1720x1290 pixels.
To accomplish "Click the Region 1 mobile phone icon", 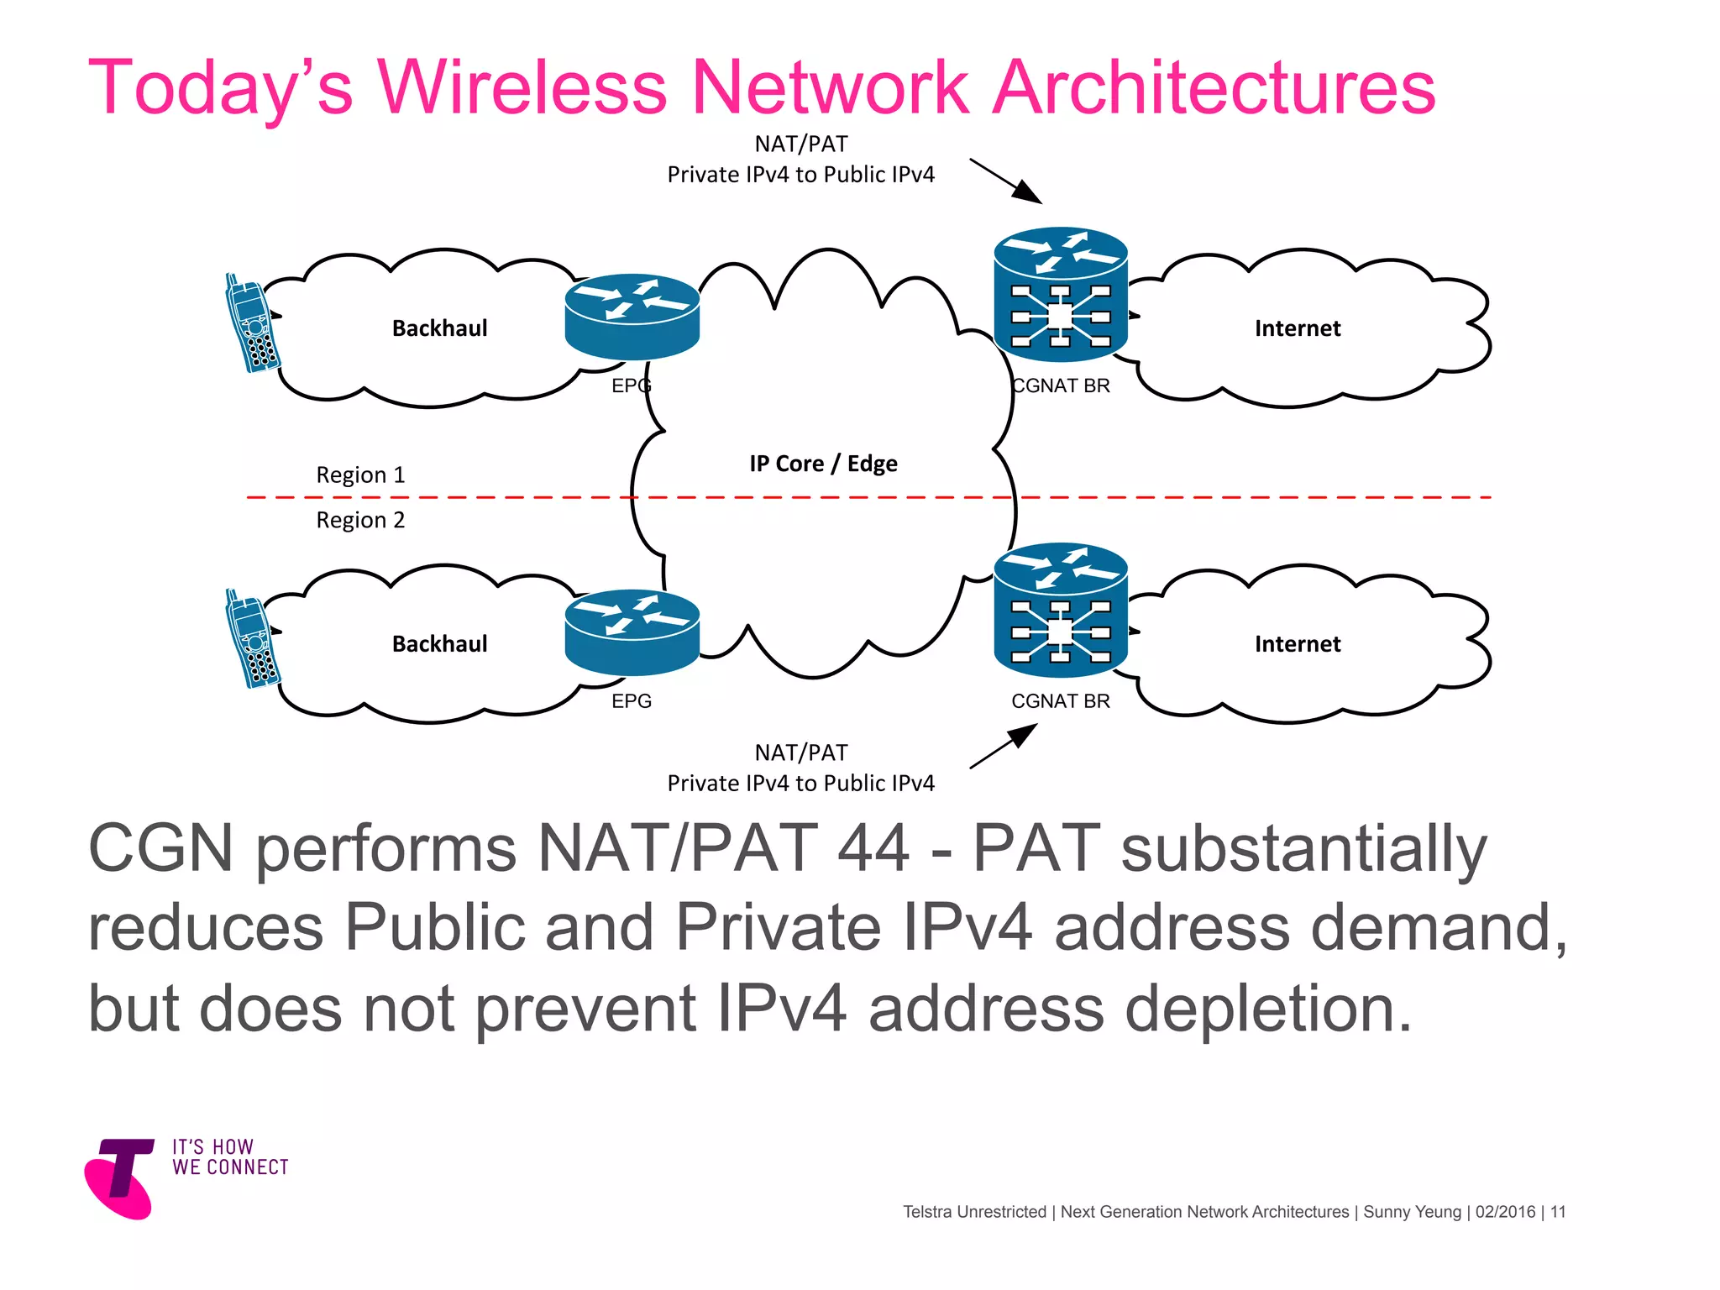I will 252,323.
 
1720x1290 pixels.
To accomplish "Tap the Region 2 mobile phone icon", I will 252,639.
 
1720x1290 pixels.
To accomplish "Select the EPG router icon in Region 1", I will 632,317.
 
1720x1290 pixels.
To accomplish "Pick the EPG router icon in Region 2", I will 632,632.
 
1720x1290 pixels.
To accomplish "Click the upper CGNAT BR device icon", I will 1060,294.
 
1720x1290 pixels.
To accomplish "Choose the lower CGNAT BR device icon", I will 1060,610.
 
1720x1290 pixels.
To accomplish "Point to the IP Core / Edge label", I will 823,464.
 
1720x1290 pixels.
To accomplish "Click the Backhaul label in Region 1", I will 439,328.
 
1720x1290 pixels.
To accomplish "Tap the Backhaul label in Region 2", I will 439,644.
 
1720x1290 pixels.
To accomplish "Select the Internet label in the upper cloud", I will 1297,328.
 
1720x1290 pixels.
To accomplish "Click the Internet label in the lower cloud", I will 1297,644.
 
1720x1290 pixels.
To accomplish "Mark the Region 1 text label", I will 360,475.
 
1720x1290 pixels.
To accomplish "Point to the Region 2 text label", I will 360,521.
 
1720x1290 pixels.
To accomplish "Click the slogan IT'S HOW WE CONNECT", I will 230,1157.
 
